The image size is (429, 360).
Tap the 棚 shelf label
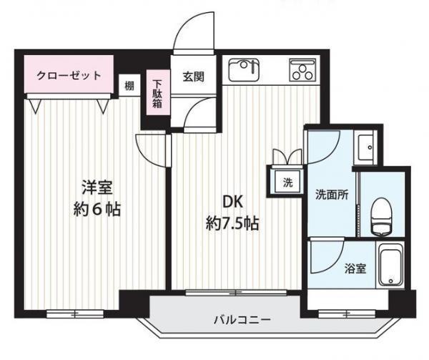[129, 85]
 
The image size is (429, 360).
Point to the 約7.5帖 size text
[228, 223]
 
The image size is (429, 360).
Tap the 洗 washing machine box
[286, 182]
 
